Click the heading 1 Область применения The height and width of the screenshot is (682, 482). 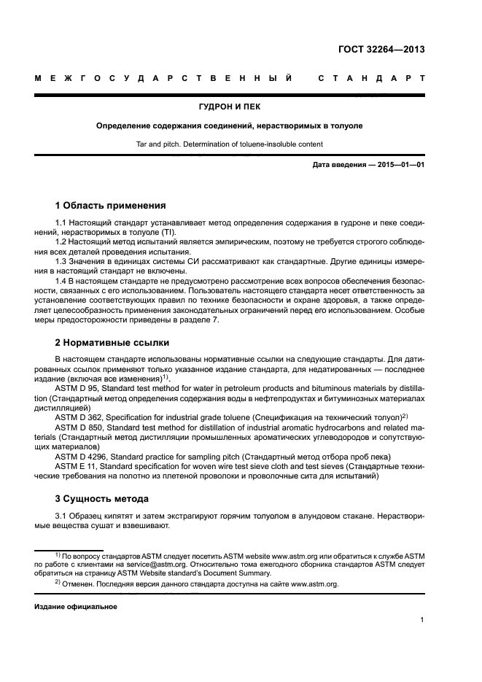pos(110,205)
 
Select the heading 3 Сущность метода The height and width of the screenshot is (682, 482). pos(102,499)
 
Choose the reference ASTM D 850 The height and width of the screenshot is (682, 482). pos(78,426)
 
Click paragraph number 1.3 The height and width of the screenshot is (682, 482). pos(61,260)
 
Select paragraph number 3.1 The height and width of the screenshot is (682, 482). pos(61,517)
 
